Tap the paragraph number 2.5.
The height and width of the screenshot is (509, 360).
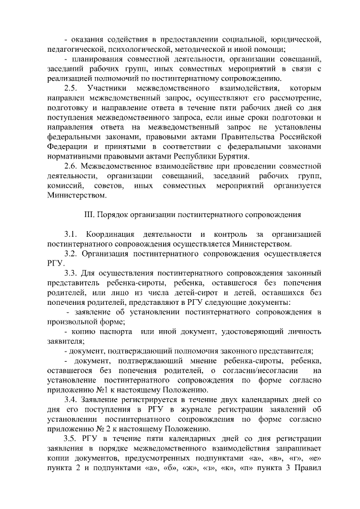click(71, 89)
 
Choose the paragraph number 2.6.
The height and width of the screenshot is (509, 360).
click(71, 166)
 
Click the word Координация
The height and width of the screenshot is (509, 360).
click(108, 235)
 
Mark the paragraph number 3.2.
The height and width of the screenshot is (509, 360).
click(71, 254)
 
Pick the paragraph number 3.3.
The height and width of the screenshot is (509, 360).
click(71, 273)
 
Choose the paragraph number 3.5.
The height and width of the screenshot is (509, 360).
click(71, 439)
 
